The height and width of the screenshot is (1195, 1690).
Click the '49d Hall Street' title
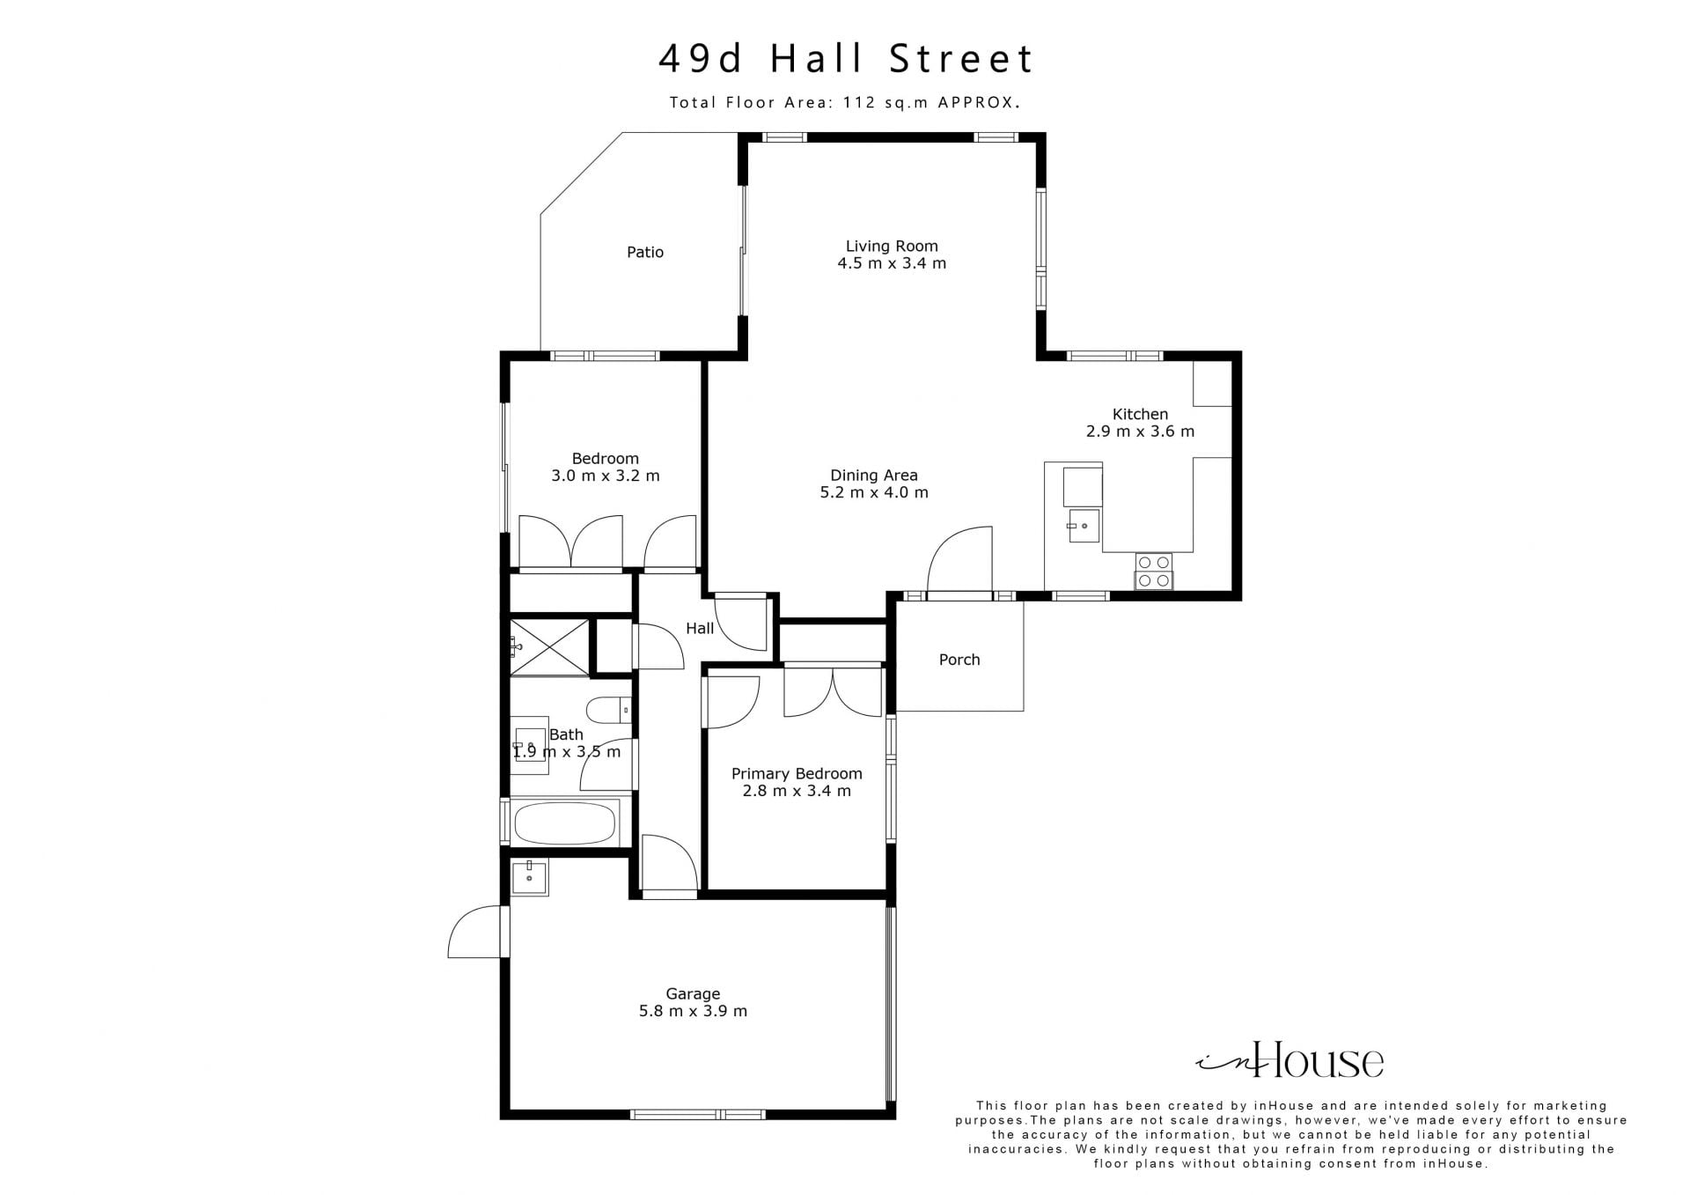pos(846,59)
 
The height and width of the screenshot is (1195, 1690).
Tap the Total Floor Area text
pos(845,102)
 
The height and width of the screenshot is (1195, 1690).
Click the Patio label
pos(645,252)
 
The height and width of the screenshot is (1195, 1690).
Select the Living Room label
pos(892,247)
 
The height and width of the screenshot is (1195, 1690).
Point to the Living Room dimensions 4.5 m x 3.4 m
pos(892,263)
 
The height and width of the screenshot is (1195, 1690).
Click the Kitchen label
pos(1140,414)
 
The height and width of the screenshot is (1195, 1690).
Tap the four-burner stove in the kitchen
pos(1153,571)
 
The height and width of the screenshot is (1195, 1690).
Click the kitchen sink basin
pos(1084,526)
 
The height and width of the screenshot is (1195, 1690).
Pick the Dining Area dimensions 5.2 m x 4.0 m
pos(874,492)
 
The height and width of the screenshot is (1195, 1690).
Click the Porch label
pos(959,660)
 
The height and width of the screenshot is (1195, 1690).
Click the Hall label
pos(700,628)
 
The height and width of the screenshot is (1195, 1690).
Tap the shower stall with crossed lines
pos(549,647)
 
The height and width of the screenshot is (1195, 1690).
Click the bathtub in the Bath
pos(564,822)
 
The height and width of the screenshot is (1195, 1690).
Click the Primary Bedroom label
pos(797,774)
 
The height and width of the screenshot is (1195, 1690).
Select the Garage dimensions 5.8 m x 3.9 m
pos(693,1011)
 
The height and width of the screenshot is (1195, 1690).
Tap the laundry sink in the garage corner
pos(529,877)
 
